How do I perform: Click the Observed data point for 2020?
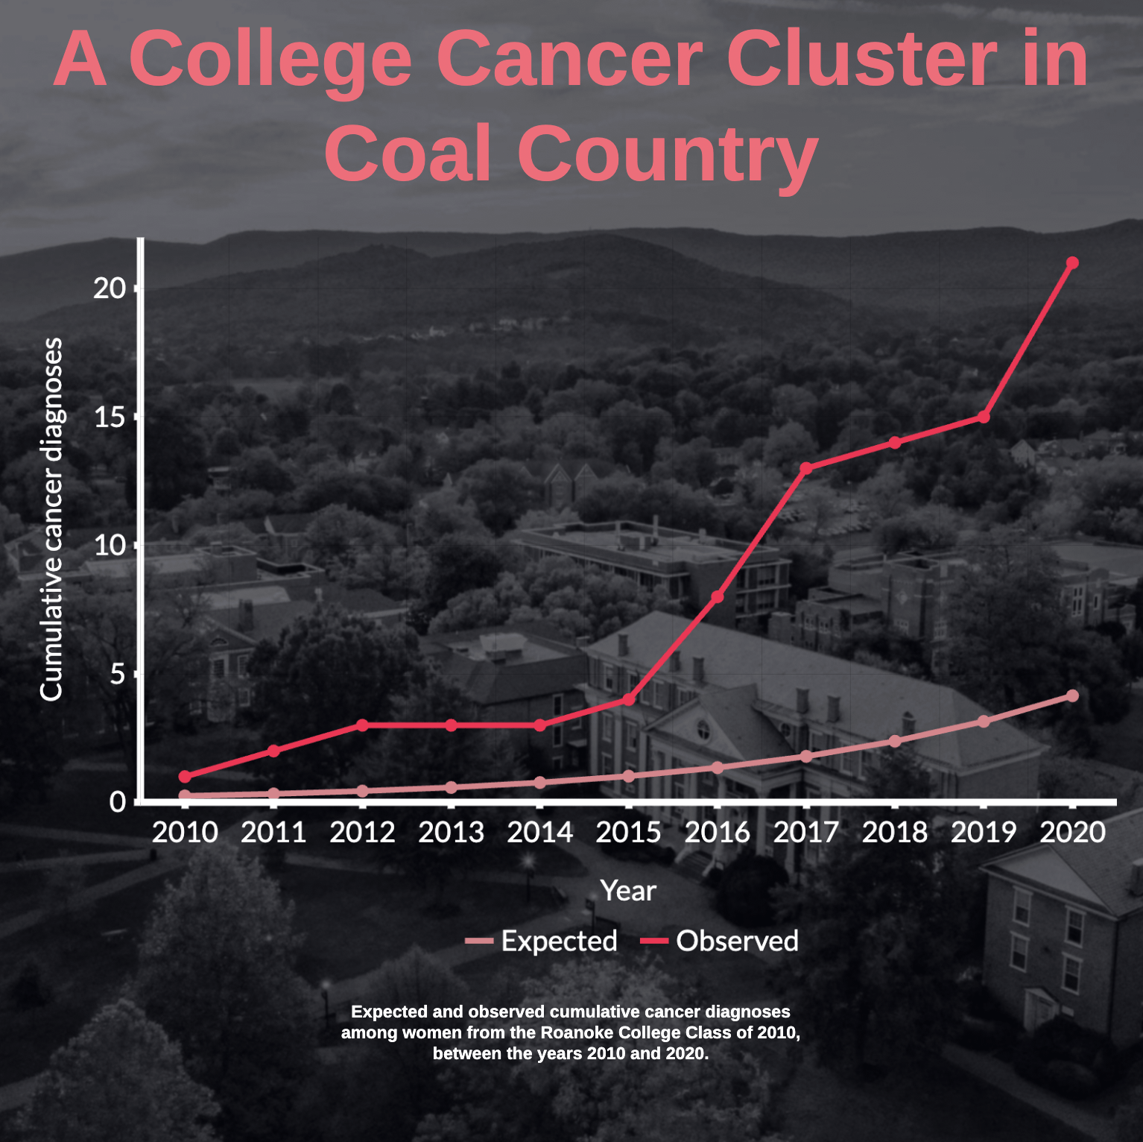coord(1072,262)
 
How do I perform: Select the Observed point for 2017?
coord(806,468)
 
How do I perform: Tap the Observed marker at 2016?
coord(718,596)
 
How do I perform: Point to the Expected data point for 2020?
coord(1072,695)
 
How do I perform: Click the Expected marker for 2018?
coord(895,741)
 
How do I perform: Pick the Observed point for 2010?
coord(185,776)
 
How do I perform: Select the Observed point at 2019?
coord(984,417)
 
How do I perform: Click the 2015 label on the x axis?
coord(628,832)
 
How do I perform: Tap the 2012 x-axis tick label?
coord(362,832)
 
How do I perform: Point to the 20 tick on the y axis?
coord(110,288)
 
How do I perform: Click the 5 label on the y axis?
coord(118,674)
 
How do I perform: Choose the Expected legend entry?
coord(542,941)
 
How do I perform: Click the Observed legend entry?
coord(721,941)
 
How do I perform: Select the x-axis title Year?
coord(628,890)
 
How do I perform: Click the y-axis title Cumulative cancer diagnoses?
coord(51,520)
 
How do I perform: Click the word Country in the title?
coord(668,154)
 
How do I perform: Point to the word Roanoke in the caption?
coord(571,1032)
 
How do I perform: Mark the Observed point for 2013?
coord(451,725)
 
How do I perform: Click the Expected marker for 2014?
coord(540,783)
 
